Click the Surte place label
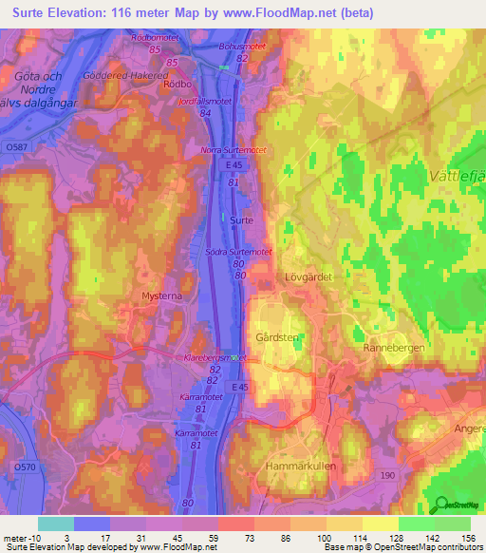pos(241,219)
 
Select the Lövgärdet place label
pos(306,277)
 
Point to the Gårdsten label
pos(277,337)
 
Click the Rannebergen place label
pos(392,348)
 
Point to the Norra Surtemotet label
pos(234,150)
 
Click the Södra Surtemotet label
pos(239,252)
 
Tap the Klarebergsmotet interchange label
pos(214,357)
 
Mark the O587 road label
pos(15,147)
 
